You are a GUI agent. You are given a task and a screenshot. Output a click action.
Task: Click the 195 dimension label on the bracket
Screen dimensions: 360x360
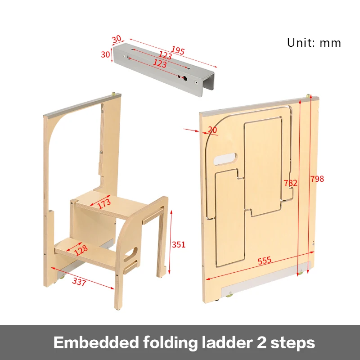(178, 50)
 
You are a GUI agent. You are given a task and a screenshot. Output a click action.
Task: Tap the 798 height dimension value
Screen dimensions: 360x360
(317, 179)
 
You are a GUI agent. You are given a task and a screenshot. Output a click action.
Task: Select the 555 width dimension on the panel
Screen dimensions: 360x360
(264, 261)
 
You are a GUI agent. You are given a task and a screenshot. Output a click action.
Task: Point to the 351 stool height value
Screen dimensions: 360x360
(179, 245)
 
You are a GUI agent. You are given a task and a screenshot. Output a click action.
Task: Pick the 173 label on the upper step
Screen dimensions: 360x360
(104, 203)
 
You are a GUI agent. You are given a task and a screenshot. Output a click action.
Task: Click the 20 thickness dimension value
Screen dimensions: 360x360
(212, 130)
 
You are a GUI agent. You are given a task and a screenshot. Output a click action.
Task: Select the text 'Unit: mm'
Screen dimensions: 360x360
(314, 43)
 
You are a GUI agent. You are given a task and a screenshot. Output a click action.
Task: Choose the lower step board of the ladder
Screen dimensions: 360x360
(85, 252)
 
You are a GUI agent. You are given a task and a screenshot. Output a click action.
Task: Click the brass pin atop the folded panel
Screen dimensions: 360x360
(308, 95)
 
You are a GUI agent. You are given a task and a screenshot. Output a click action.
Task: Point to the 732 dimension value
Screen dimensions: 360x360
(291, 183)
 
